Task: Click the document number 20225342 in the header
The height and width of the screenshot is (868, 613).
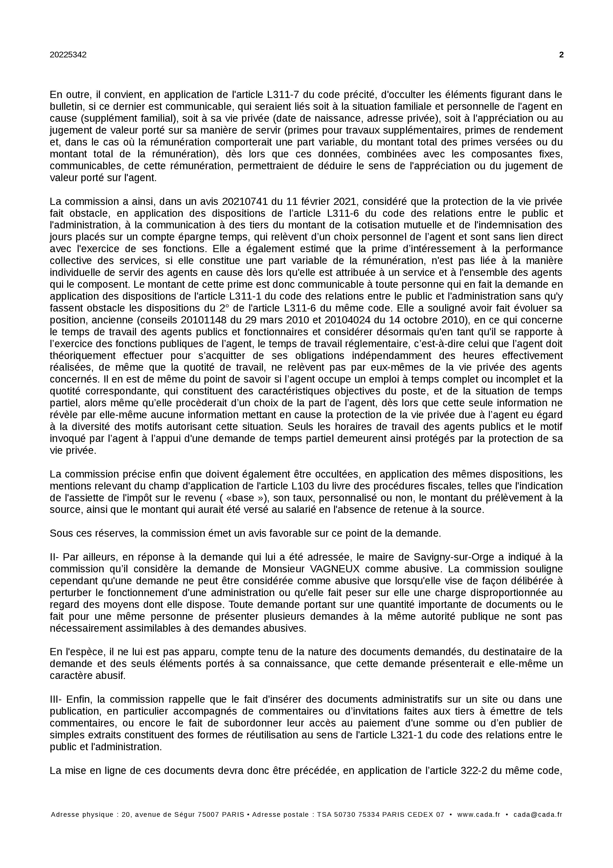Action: (x=68, y=55)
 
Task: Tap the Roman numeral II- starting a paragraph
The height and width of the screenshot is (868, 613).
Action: (x=55, y=557)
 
